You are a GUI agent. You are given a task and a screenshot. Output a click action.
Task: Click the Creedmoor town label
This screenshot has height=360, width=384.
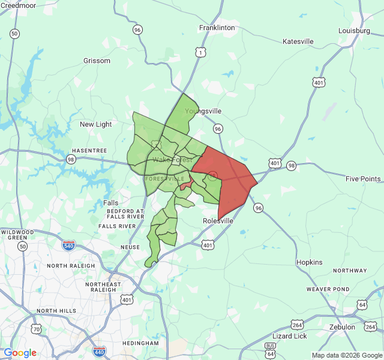(x=19, y=5)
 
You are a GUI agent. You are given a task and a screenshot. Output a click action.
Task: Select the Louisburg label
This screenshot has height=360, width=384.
(x=354, y=30)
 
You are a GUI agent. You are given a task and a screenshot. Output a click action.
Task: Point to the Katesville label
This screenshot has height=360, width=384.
(x=298, y=41)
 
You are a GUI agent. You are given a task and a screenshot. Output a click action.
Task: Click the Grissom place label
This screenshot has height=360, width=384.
(x=97, y=61)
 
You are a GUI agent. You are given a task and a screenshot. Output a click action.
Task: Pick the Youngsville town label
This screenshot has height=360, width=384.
(x=203, y=111)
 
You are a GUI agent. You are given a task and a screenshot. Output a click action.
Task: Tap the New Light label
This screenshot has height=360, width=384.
(x=96, y=124)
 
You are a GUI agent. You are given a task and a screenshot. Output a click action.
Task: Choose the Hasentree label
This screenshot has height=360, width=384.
(x=89, y=150)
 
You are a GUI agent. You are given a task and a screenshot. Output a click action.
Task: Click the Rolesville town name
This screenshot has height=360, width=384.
(x=217, y=221)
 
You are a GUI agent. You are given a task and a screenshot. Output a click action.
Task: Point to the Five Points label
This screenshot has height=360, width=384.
(x=363, y=179)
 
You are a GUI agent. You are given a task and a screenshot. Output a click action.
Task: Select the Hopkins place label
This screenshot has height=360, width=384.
(x=310, y=262)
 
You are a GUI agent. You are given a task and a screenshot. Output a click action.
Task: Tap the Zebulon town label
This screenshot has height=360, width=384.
(x=342, y=327)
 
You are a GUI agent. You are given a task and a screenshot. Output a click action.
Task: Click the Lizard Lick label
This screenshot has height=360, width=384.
(x=290, y=336)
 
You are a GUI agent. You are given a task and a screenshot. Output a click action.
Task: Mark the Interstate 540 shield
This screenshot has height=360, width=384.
(x=68, y=245)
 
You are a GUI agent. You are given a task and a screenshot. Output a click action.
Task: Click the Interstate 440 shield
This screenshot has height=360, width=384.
(x=100, y=350)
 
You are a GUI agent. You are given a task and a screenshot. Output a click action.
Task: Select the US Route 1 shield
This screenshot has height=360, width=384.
(x=199, y=53)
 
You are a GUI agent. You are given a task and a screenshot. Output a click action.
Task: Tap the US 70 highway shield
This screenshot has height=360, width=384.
(x=37, y=329)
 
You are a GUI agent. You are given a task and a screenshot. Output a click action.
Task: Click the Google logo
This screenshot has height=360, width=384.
(x=20, y=353)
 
